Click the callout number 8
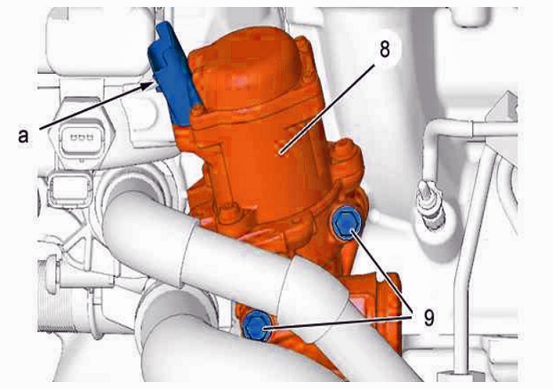[385, 49]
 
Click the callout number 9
[429, 318]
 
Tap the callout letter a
[23, 136]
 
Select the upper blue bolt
[347, 222]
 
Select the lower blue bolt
[258, 326]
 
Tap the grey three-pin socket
[82, 137]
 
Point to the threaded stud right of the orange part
[431, 203]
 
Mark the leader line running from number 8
[327, 110]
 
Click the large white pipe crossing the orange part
[226, 254]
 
